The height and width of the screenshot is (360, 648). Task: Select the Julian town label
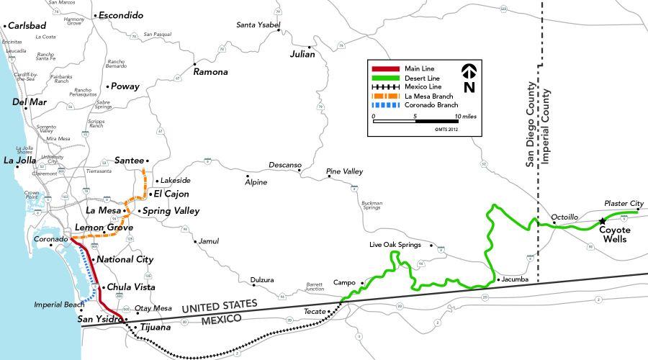[x=302, y=54]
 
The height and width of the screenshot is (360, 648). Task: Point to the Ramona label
[x=210, y=72]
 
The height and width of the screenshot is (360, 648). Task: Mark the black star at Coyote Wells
[x=602, y=220]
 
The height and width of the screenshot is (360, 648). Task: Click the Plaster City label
[x=624, y=204]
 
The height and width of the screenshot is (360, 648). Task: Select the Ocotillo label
[x=564, y=216]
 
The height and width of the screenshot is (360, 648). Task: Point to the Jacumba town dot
[x=498, y=279]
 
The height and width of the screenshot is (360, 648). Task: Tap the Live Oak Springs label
[x=395, y=246]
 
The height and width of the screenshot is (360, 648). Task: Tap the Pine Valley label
[x=345, y=171]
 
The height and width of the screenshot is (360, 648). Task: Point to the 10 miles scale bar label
[x=465, y=116]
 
